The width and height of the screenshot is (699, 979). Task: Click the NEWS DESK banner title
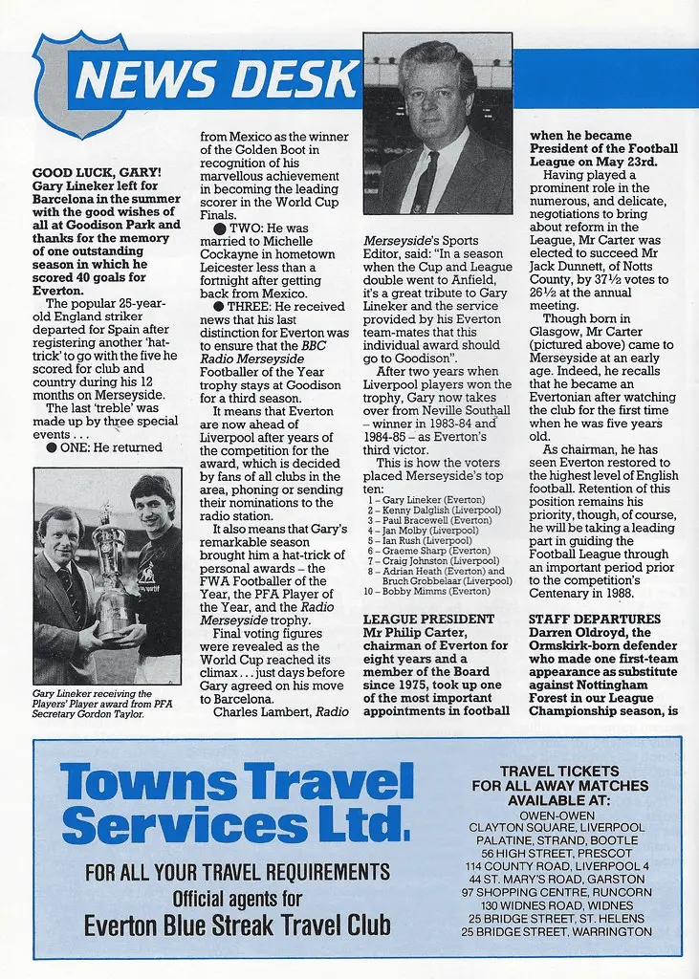[x=216, y=80]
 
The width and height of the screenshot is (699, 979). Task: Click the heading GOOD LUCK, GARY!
[x=97, y=173]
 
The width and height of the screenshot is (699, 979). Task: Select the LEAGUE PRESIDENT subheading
[x=429, y=620]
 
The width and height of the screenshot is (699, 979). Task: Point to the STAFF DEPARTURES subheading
[x=595, y=620]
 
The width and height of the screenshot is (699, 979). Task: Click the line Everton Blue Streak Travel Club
[x=237, y=925]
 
